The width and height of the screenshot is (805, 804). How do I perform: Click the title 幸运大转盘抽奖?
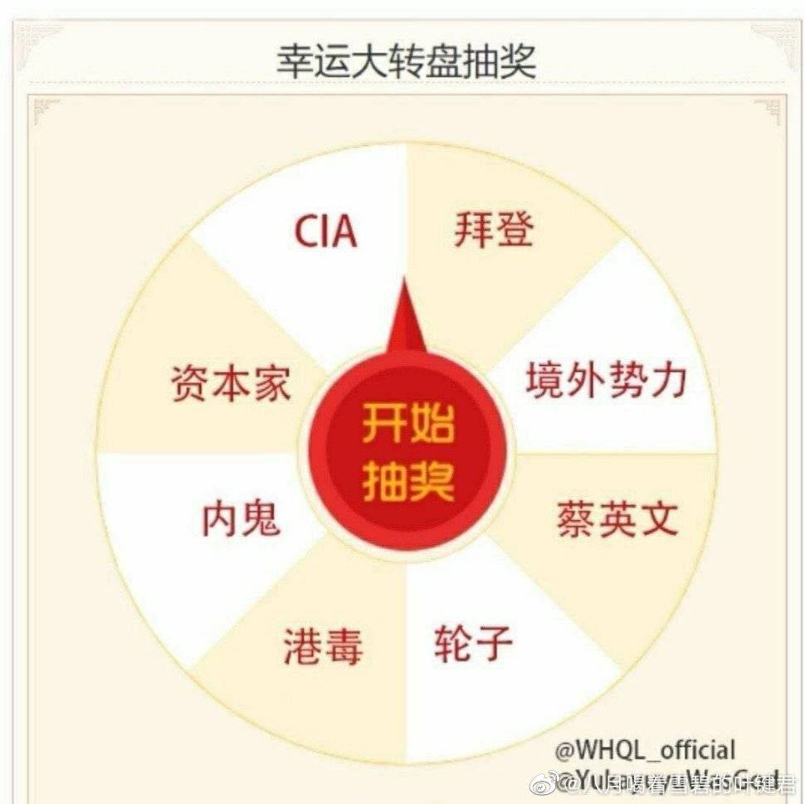(x=406, y=62)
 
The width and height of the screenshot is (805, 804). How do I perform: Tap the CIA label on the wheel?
(x=326, y=232)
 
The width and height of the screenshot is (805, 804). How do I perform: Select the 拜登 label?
(x=494, y=229)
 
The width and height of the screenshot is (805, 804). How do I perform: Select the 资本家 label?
(x=231, y=384)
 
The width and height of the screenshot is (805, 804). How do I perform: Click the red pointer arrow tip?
(x=404, y=286)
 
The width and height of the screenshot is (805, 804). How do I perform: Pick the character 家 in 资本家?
(x=271, y=384)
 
